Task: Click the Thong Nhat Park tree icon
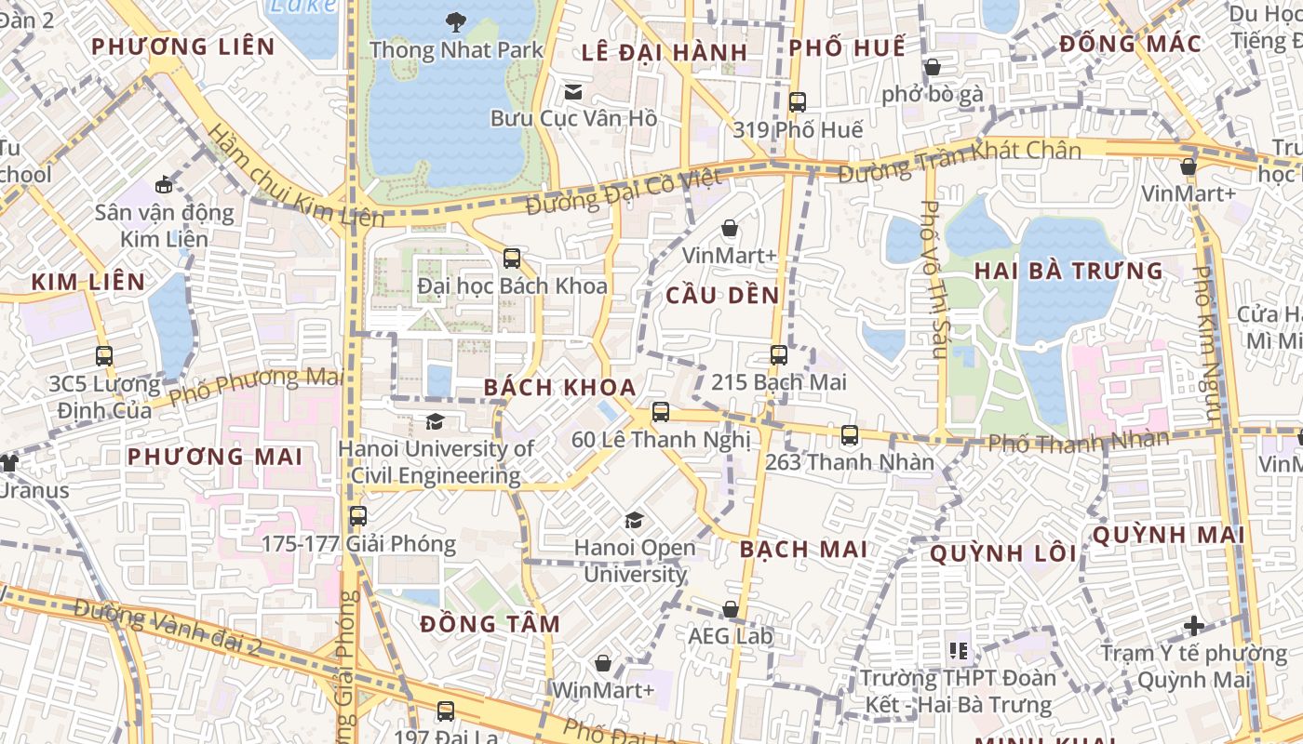click(455, 20)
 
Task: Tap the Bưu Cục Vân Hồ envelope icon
click(573, 91)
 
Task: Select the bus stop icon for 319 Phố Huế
click(797, 102)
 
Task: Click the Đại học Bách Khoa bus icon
click(511, 258)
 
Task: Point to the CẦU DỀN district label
click(722, 296)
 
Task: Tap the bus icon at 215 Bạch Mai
click(778, 354)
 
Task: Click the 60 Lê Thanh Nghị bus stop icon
click(660, 411)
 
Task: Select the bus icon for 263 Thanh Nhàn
click(849, 434)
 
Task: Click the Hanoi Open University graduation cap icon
click(634, 520)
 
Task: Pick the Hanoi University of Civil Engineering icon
click(435, 422)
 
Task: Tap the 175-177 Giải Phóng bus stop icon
click(357, 515)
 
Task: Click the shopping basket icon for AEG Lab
click(731, 609)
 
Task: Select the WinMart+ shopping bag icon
click(603, 663)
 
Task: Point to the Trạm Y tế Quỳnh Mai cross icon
click(1193, 626)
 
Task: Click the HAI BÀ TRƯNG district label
click(1068, 272)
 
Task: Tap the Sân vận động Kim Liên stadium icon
click(164, 184)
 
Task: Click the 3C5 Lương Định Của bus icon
click(103, 355)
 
